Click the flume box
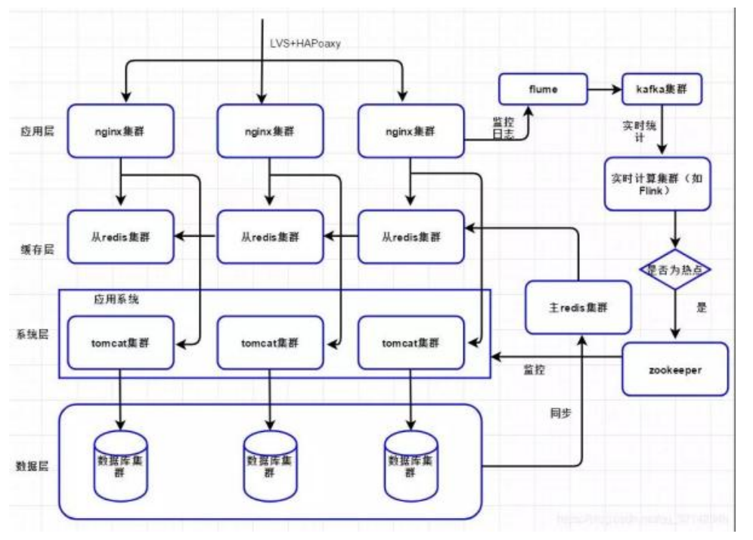click(542, 89)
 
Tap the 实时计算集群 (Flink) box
click(658, 183)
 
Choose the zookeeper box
click(675, 369)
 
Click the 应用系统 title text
click(116, 299)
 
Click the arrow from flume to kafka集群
click(604, 89)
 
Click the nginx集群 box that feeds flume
click(411, 131)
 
